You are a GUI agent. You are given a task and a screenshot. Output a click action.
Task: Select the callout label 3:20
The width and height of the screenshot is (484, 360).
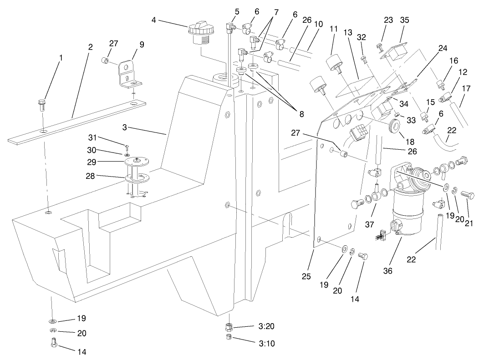[253, 327]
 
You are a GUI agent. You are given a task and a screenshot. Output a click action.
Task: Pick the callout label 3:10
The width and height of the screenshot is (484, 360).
[253, 343]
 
